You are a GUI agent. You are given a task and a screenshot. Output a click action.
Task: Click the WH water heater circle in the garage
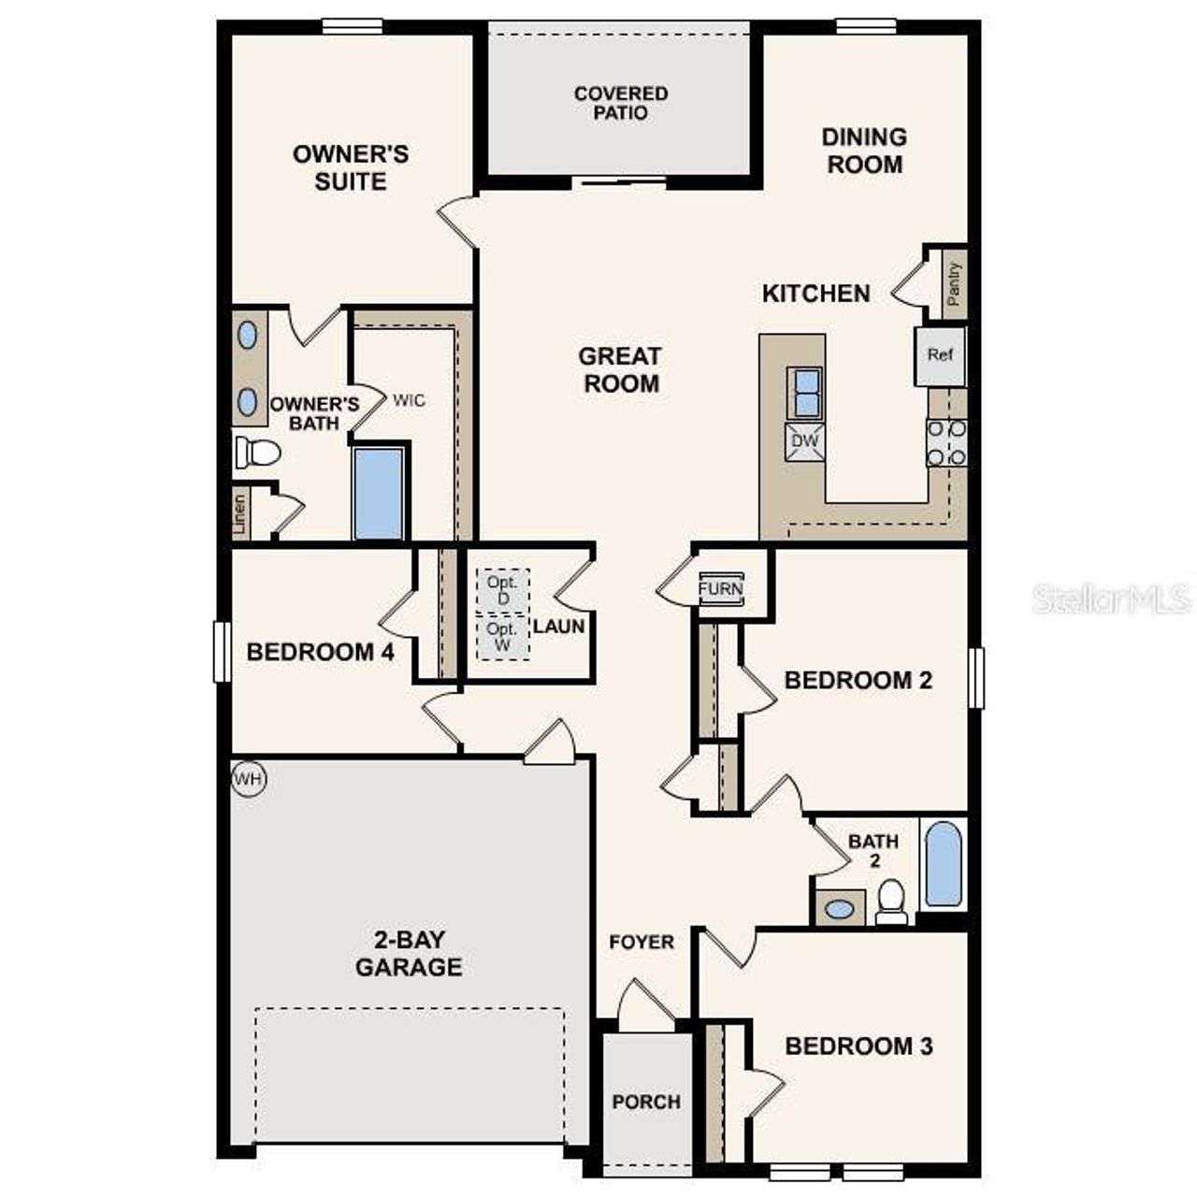pyautogui.click(x=248, y=779)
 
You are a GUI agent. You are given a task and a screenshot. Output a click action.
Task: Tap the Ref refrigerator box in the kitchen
pyautogui.click(x=940, y=355)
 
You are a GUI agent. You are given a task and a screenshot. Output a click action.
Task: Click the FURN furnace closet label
pyautogui.click(x=721, y=589)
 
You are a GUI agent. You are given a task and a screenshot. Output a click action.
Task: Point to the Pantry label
pyautogui.click(x=954, y=283)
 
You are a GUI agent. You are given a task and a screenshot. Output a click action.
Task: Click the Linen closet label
pyautogui.click(x=240, y=514)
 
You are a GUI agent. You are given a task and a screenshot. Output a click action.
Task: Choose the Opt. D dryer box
pyautogui.click(x=503, y=590)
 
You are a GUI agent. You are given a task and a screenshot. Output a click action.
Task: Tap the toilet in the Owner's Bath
pyautogui.click(x=257, y=453)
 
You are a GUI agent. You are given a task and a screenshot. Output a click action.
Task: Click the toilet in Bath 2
pyautogui.click(x=892, y=901)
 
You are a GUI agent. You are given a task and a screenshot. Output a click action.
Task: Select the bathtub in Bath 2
pyautogui.click(x=943, y=864)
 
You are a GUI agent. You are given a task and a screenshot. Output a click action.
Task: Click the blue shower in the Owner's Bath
pyautogui.click(x=379, y=493)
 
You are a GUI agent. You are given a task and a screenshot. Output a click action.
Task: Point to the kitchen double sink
pyautogui.click(x=804, y=392)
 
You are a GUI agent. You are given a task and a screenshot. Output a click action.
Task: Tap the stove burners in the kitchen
pyautogui.click(x=945, y=442)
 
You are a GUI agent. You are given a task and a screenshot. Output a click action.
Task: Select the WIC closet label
pyautogui.click(x=409, y=400)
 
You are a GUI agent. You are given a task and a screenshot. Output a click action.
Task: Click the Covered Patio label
pyautogui.click(x=621, y=103)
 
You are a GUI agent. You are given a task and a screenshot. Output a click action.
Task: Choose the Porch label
pyautogui.click(x=646, y=1102)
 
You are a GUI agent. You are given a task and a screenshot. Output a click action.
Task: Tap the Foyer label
pyautogui.click(x=642, y=942)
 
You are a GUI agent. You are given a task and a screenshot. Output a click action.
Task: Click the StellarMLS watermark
pyautogui.click(x=1111, y=598)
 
